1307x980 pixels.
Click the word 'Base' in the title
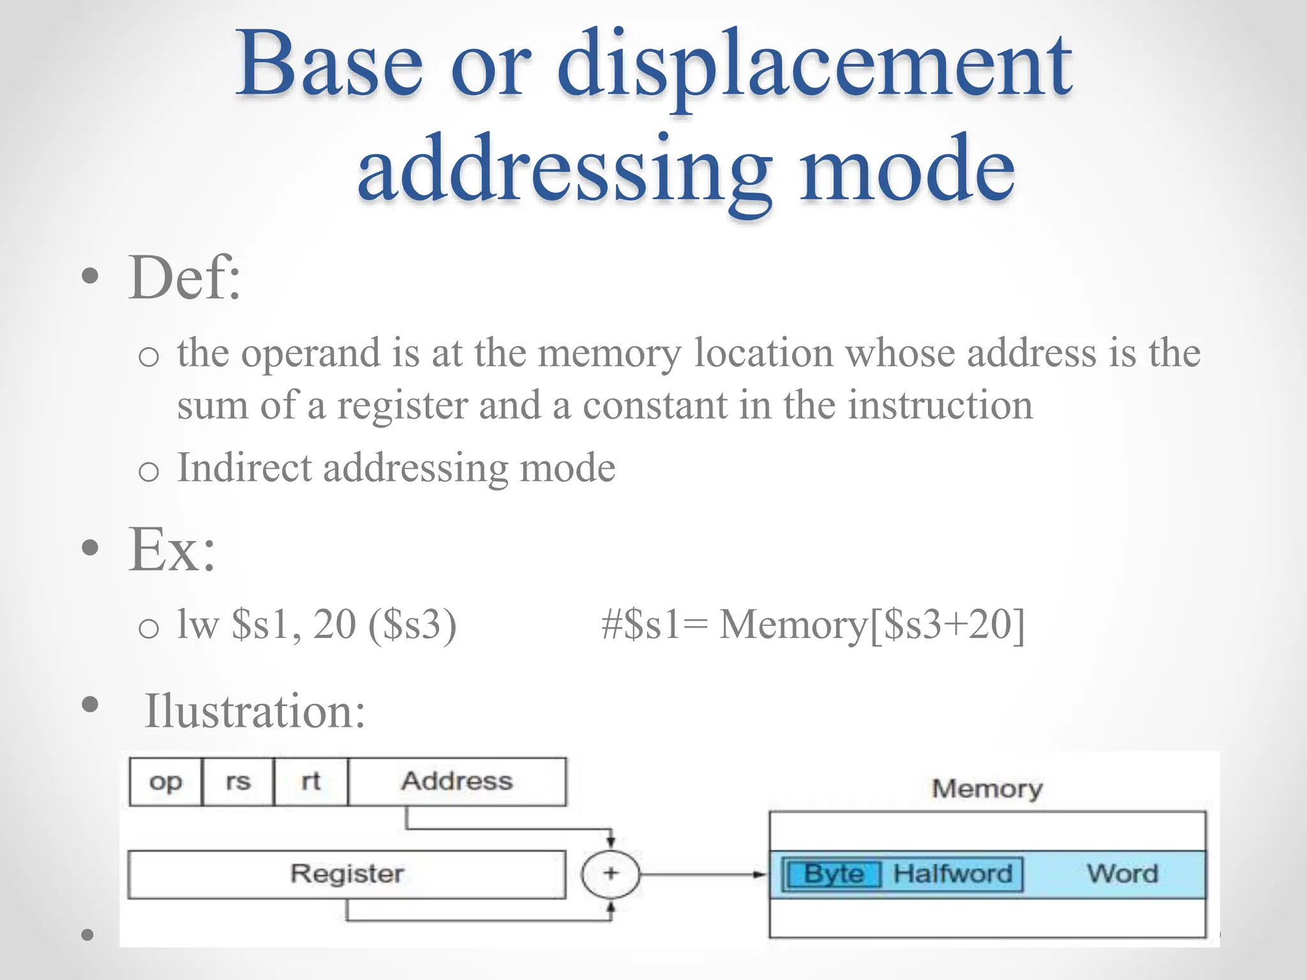coord(329,64)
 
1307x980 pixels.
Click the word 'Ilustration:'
coord(255,711)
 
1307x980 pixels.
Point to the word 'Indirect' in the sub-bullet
coord(244,468)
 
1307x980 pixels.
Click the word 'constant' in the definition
coord(655,406)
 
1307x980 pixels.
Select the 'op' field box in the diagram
coord(165,782)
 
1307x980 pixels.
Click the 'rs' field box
coord(238,782)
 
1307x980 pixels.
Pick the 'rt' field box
coord(311,782)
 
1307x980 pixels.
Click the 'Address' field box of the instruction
coord(457,782)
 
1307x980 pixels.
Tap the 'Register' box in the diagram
coord(347,874)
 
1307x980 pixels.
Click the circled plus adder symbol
coord(610,874)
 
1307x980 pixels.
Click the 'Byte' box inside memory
coord(833,874)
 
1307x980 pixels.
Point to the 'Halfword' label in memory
coord(952,874)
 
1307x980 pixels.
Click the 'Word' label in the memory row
coord(1122,874)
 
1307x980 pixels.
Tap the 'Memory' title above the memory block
coord(987,789)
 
